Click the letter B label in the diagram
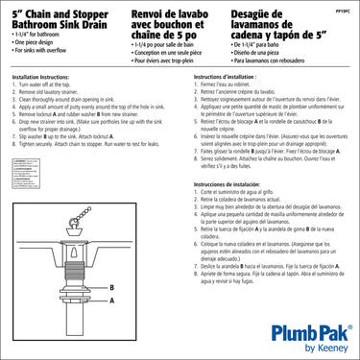(111, 260)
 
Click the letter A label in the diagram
(111, 273)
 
